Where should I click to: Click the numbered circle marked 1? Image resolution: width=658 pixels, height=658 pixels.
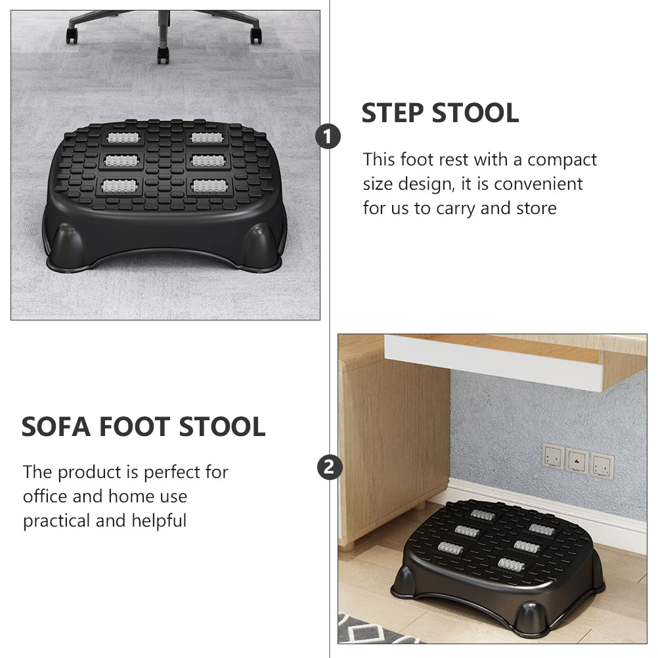pos(328,137)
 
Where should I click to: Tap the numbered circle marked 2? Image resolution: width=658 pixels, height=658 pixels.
pos(330,468)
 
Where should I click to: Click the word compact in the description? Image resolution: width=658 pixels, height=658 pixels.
pos(562,160)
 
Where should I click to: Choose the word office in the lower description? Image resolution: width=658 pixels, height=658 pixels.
pos(45,496)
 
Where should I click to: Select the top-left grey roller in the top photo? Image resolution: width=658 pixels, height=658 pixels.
pos(123,139)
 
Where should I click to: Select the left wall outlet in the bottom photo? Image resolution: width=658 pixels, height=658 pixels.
pos(553,456)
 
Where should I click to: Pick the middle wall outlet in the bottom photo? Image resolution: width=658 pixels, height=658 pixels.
pos(577,460)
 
